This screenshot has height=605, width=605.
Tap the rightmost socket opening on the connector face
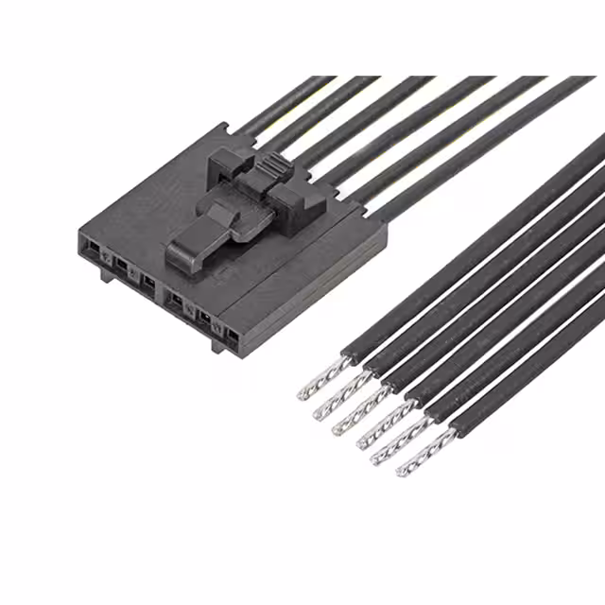(230, 333)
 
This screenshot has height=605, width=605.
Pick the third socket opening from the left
(148, 282)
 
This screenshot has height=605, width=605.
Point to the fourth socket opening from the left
(175, 301)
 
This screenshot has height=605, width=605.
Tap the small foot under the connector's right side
(217, 344)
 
